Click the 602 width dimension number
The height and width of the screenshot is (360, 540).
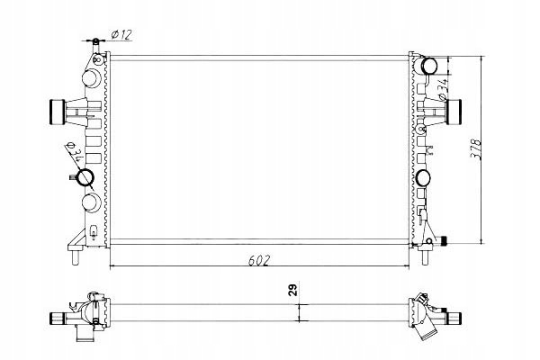(259, 260)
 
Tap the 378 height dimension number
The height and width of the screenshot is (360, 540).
(475, 148)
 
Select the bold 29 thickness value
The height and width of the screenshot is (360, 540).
(292, 290)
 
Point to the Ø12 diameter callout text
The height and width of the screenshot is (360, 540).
(121, 34)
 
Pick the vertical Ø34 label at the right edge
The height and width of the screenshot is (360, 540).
(444, 90)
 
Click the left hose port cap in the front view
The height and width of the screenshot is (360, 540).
(58, 112)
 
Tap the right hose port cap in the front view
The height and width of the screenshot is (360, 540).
(454, 112)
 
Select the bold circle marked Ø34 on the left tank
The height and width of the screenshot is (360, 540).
(85, 177)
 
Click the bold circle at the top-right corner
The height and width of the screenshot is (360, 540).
(429, 66)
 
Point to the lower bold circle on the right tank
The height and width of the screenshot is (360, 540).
(423, 178)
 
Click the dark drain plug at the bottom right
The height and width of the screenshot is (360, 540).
(445, 241)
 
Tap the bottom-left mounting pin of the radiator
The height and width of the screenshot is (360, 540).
(75, 256)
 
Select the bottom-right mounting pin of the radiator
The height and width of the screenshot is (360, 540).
(426, 257)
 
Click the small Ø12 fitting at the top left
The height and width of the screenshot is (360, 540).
(95, 41)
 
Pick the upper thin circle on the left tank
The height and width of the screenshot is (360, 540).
(91, 78)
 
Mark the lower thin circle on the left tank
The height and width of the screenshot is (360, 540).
(91, 202)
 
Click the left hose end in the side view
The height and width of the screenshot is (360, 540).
(58, 318)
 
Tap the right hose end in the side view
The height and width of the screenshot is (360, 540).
(454, 318)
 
